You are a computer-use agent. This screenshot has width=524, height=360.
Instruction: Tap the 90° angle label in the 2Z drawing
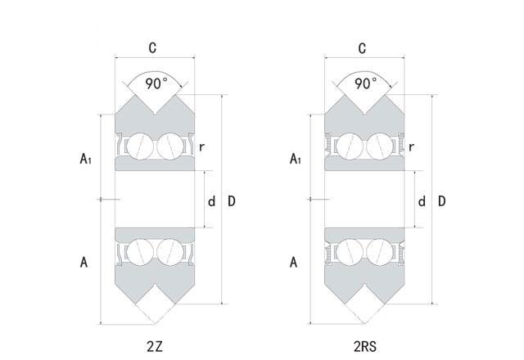[156, 83]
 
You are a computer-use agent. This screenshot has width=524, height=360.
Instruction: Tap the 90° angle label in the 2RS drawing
[365, 83]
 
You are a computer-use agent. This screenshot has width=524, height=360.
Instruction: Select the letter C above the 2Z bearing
[153, 48]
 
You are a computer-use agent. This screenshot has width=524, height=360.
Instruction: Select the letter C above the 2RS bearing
[363, 48]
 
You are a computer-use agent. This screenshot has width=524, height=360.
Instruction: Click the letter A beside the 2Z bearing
[84, 263]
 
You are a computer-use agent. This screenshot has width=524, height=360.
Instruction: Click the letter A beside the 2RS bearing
[294, 263]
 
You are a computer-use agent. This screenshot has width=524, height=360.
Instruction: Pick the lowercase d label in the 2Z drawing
[210, 201]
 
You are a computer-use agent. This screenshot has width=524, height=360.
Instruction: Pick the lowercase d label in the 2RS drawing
[421, 201]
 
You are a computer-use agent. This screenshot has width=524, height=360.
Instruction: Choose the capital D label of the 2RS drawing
[442, 201]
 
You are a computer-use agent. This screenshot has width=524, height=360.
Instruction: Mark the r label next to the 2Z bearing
[201, 148]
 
